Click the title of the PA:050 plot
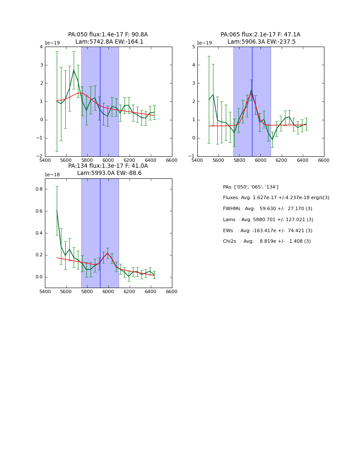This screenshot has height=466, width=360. point(108,38)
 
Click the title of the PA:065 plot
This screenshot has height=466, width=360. point(260,38)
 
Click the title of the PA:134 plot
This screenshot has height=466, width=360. point(108,169)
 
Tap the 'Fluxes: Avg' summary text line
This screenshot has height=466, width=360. point(276,198)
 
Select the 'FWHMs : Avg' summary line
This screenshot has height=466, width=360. point(267,209)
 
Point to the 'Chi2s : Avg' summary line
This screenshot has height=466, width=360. point(266,241)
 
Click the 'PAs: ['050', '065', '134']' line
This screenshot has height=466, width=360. point(250,187)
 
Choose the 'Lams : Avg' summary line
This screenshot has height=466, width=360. point(268,220)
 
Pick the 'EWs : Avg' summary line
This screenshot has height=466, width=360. point(267,230)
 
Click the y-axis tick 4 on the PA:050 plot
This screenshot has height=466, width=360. point(41,47)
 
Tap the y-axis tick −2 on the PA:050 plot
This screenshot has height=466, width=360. point(39,156)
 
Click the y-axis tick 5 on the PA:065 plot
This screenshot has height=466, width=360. point(193,47)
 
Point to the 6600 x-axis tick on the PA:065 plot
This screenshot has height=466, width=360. point(324,160)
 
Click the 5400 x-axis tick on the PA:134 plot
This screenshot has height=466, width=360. point(45,291)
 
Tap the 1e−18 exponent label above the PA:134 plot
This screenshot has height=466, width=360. point(52,175)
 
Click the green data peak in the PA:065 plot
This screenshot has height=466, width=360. point(251,90)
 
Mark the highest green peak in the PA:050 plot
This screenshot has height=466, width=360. point(74,70)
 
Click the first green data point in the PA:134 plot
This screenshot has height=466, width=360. point(57,211)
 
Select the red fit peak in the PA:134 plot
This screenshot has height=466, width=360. point(108,253)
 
